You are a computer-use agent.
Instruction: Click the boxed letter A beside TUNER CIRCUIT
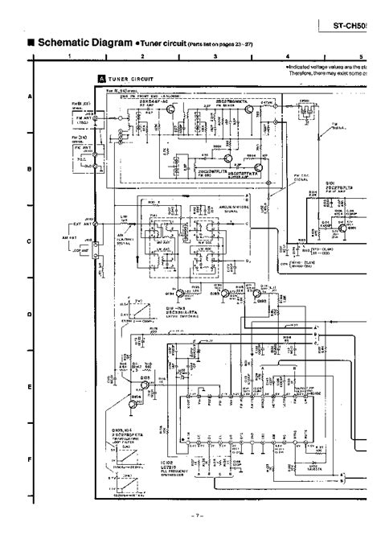point(100,79)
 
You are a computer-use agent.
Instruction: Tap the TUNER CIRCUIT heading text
point(129,79)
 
